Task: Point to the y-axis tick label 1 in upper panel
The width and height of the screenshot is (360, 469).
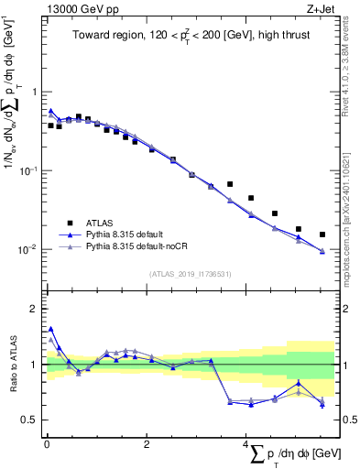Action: (35, 92)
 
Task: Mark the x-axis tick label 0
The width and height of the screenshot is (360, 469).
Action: (47, 444)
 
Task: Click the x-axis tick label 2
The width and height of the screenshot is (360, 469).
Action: (147, 444)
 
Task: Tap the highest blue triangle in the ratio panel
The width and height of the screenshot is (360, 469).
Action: (50, 329)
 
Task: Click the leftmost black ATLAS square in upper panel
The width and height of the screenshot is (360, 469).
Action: (50, 125)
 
